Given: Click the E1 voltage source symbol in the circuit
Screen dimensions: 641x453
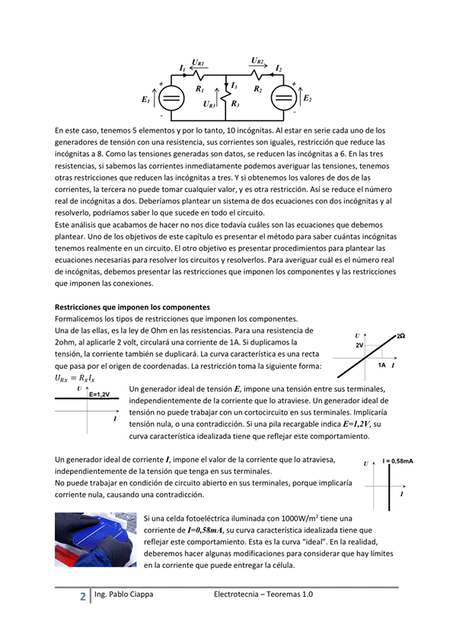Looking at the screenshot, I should [x=171, y=98].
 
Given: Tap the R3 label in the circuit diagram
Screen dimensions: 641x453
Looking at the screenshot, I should [x=235, y=104].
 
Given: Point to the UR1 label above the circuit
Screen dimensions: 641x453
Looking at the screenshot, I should [x=198, y=62].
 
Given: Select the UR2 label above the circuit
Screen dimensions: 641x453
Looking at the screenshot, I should [x=257, y=60].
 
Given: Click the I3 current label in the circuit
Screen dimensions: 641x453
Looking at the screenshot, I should [x=234, y=86].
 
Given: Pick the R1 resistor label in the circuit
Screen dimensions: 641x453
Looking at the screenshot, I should [x=199, y=89].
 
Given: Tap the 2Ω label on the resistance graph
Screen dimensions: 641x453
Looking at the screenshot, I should [x=400, y=336].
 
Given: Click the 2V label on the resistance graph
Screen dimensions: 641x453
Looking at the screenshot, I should [x=359, y=345].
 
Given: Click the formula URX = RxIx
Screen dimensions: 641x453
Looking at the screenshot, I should [x=75, y=377].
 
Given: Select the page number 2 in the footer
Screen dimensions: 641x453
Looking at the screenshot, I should [x=82, y=597].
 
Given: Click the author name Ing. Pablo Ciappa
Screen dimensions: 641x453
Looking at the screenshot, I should [x=123, y=595].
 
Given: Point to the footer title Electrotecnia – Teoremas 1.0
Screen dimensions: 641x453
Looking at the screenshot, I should [x=263, y=595].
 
